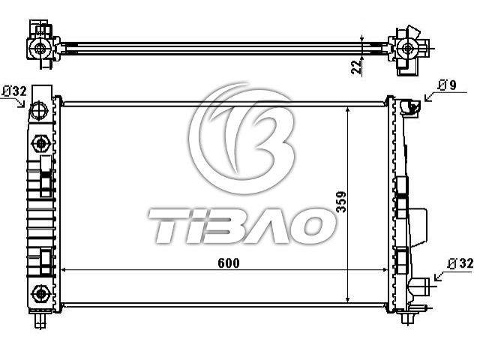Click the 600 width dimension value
tap(229, 263)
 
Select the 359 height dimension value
tap(341, 202)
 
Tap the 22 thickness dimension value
tap(356, 67)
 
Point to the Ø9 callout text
tap(447, 85)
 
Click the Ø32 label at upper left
tap(14, 91)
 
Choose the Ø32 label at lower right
tap(460, 263)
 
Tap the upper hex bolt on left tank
tap(40, 143)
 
